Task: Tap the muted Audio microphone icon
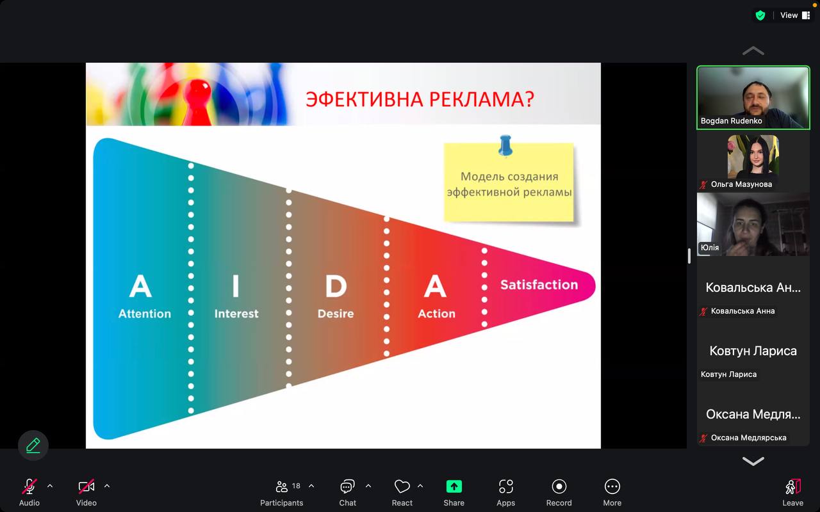click(x=29, y=487)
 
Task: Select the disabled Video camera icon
click(x=86, y=487)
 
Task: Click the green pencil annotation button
click(x=33, y=445)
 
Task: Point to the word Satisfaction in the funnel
click(x=539, y=285)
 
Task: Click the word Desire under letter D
click(x=336, y=314)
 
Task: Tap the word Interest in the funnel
click(x=236, y=314)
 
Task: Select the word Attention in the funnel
click(x=145, y=314)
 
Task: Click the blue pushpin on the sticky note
click(x=505, y=145)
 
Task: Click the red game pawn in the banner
click(x=197, y=102)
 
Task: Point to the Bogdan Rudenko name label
click(x=731, y=121)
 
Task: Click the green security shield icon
click(x=760, y=15)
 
